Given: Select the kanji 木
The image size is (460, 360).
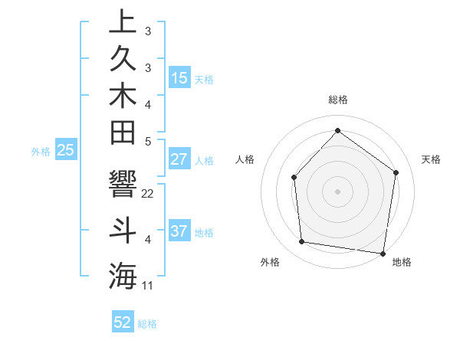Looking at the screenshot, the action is pyautogui.click(x=123, y=95).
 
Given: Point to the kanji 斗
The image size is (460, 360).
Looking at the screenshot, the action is pyautogui.click(x=123, y=231).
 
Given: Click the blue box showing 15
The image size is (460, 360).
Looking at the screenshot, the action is pyautogui.click(x=179, y=78).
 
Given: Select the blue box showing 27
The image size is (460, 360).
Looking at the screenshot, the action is pyautogui.click(x=179, y=159).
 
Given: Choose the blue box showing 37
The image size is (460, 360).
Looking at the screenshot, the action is pyautogui.click(x=179, y=231).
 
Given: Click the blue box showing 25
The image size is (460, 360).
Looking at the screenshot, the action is pyautogui.click(x=65, y=151).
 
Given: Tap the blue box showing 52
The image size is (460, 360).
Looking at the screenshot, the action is pyautogui.click(x=123, y=322).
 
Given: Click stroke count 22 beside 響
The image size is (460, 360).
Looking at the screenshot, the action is pyautogui.click(x=148, y=194).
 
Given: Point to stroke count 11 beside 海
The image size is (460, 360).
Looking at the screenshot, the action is pyautogui.click(x=148, y=286).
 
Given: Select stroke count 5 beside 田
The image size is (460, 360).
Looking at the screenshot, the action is pyautogui.click(x=148, y=141).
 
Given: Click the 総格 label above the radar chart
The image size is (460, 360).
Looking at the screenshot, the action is pyautogui.click(x=338, y=100).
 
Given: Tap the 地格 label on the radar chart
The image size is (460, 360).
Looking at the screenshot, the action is pyautogui.click(x=402, y=263).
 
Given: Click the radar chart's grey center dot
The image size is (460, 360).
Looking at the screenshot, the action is pyautogui.click(x=337, y=191).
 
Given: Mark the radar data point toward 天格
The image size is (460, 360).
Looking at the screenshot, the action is pyautogui.click(x=396, y=172).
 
